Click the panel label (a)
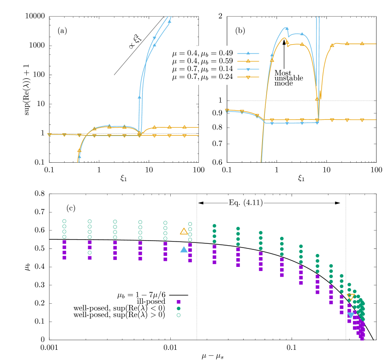pos(63,31)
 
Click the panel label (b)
pos(240,31)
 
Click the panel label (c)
pos(71,208)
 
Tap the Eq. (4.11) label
pos(246,202)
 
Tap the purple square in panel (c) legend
pos(179,301)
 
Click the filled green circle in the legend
pos(179,308)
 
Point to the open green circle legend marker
pos(179,315)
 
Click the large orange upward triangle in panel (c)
pos(184,231)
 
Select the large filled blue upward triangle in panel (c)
pos(184,249)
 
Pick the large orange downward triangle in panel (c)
pos(351,297)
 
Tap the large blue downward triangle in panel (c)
pos(351,316)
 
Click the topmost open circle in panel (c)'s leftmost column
pos(65,221)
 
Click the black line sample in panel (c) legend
pos(179,294)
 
